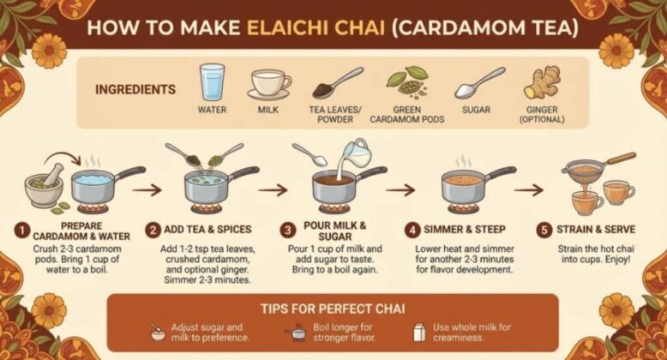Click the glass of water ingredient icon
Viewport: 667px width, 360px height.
212,82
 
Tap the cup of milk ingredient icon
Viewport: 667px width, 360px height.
269,84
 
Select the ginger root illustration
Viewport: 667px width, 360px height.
542,82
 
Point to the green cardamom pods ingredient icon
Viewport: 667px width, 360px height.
406,81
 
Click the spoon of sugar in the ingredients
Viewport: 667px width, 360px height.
480,83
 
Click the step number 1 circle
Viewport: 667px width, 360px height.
21,231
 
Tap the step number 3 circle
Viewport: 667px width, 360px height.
288,231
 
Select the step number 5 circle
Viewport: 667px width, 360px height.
544,231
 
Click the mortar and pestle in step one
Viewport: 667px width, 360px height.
45,184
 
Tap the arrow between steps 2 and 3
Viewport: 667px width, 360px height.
273,189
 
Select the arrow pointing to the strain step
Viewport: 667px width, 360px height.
529,189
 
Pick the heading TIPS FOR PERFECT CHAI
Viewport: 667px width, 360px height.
333,309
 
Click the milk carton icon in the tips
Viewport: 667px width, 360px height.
419,333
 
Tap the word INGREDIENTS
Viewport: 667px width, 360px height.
135,89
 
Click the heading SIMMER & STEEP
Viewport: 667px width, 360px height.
465,230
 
